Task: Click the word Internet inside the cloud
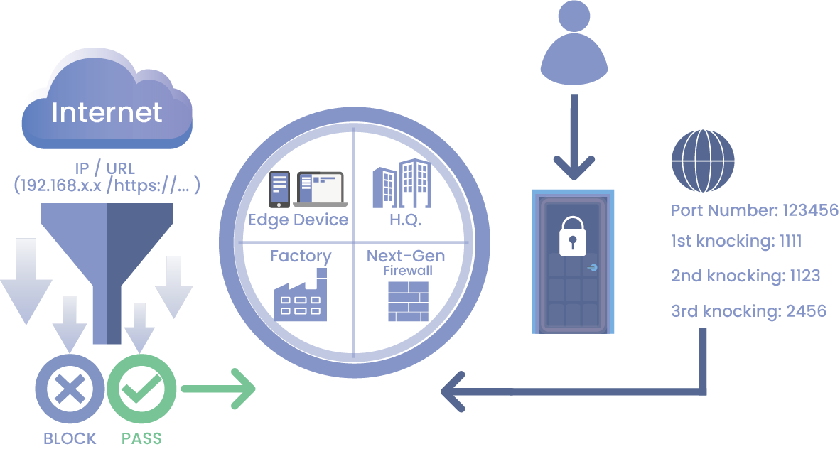107,112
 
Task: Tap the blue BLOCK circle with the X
69,389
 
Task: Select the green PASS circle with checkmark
141,389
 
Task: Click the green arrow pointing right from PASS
217,389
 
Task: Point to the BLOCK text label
70,438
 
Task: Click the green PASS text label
141,438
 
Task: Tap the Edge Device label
298,219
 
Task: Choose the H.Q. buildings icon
402,184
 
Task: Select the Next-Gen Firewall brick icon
408,301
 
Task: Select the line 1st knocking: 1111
736,242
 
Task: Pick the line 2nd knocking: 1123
745,276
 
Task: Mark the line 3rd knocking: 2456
748,310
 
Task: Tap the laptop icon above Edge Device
320,188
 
